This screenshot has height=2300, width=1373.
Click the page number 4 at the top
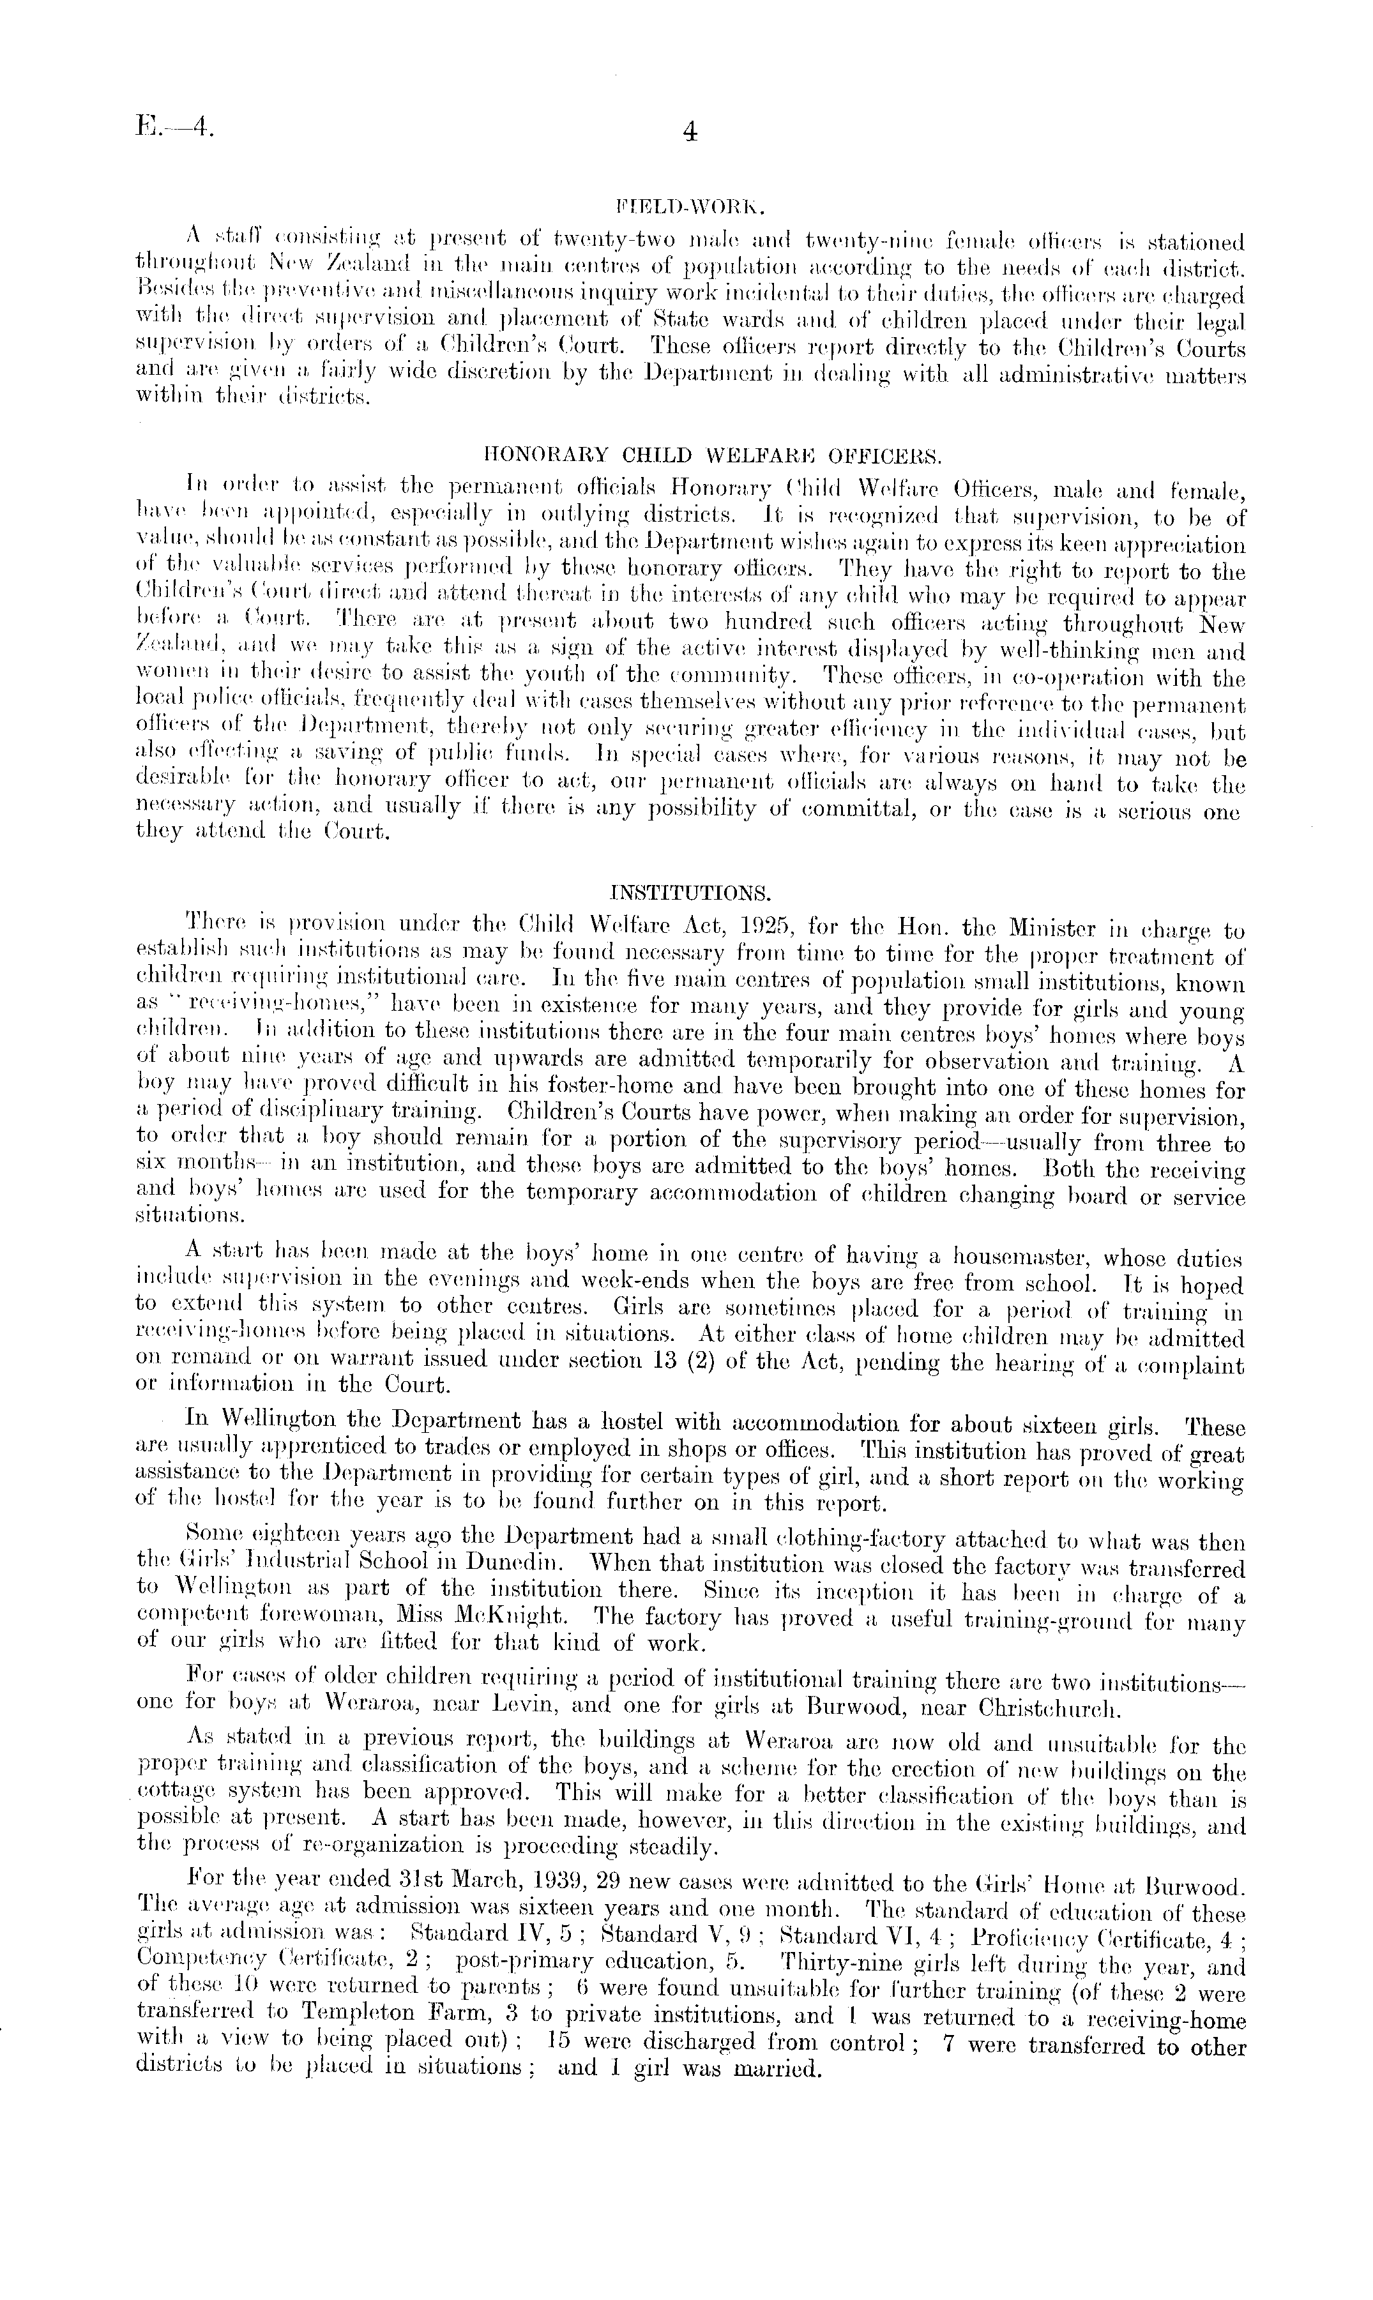click(x=688, y=133)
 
